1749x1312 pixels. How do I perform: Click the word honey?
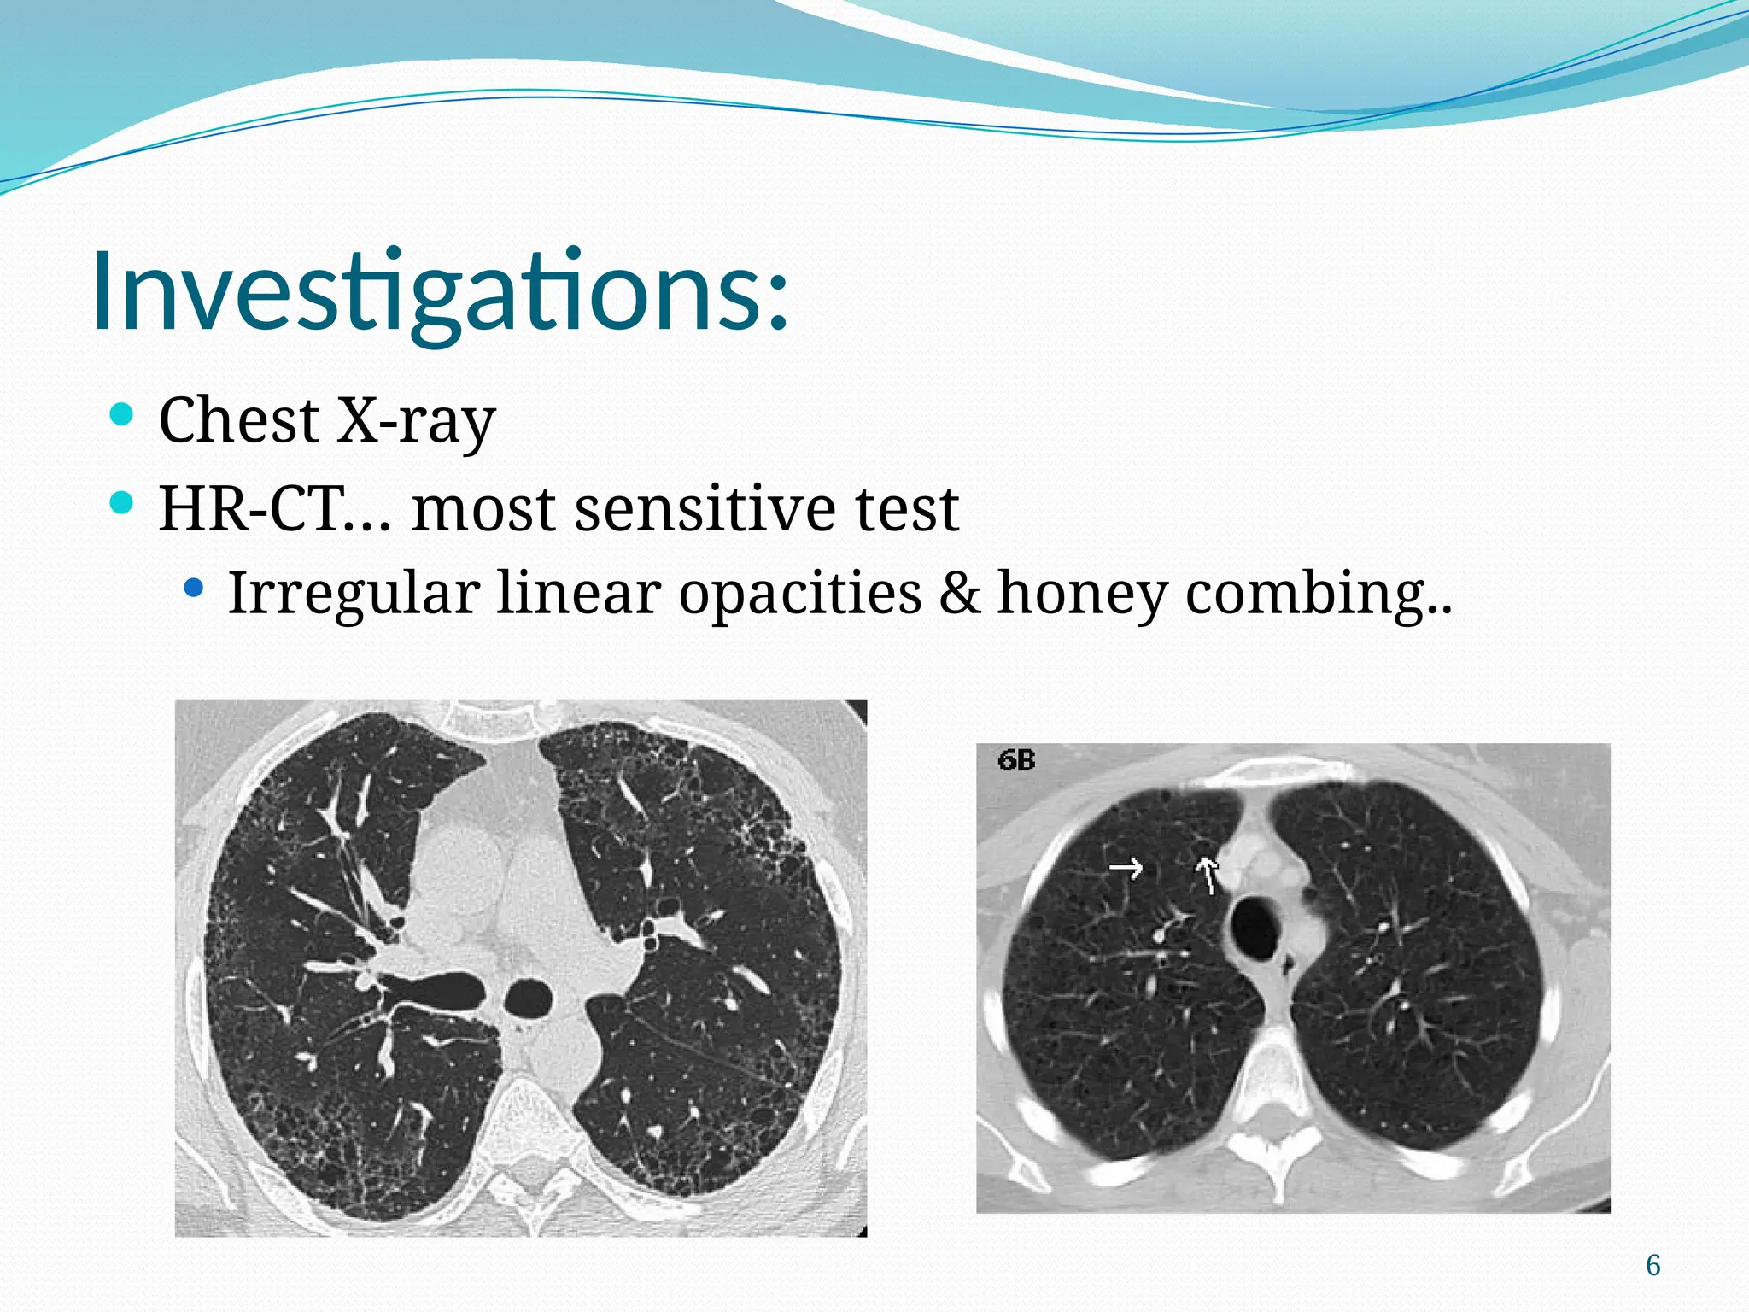(x=1082, y=592)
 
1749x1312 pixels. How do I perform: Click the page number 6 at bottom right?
(x=1652, y=1265)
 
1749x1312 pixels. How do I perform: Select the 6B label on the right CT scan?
(x=1016, y=760)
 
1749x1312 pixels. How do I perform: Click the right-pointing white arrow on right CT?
(x=1126, y=869)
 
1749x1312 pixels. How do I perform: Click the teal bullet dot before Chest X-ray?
(x=122, y=416)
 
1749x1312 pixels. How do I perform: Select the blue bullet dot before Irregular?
(x=195, y=588)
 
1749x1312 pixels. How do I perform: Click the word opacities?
(x=799, y=592)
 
